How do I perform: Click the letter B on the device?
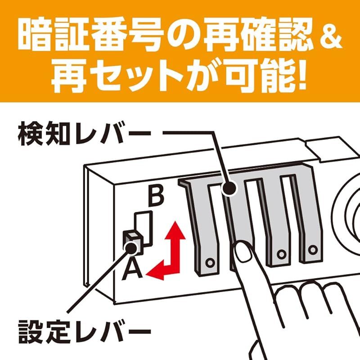[155, 197]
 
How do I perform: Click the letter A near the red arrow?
[133, 269]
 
